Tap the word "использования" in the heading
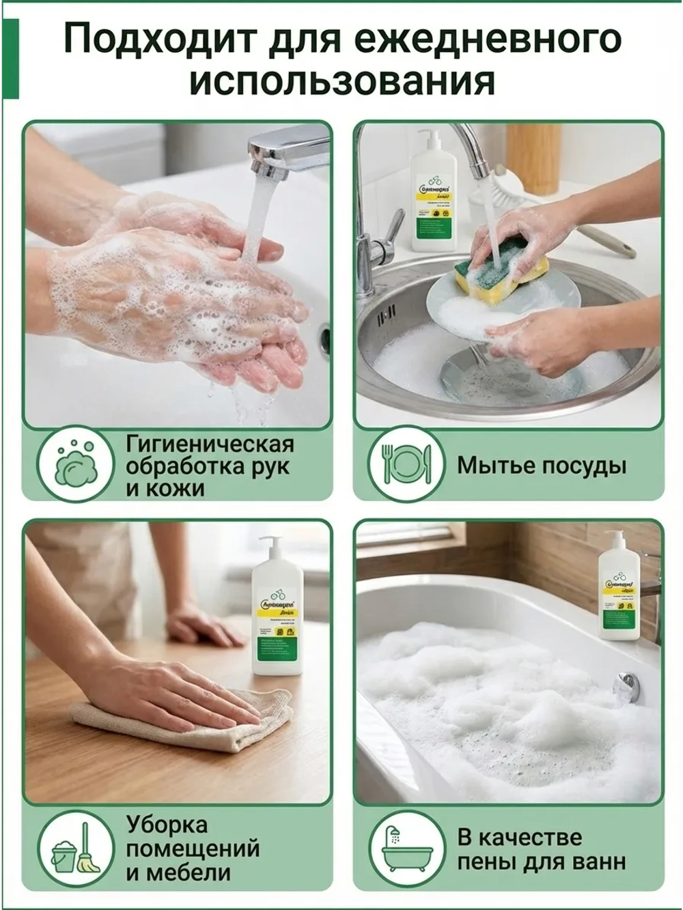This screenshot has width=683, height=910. point(341,82)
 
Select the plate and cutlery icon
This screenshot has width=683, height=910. point(406,464)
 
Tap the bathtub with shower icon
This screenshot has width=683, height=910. point(406,849)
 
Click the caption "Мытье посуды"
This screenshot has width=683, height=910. point(542,466)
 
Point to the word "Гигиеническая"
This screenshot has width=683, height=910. point(210,444)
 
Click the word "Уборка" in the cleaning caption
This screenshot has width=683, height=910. point(167,825)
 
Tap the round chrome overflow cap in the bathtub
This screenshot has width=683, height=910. point(626,685)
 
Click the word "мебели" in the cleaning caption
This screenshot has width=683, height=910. point(178,873)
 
